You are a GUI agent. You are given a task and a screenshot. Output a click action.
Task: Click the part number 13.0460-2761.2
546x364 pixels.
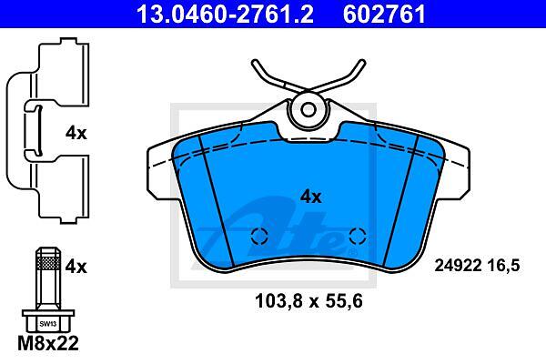click(x=226, y=14)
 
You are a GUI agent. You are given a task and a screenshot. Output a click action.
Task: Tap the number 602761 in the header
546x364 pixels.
click(x=384, y=14)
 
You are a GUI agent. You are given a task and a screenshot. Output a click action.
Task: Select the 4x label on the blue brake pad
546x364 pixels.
click(x=311, y=197)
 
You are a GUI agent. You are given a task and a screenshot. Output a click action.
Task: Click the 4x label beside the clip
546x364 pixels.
click(x=76, y=133)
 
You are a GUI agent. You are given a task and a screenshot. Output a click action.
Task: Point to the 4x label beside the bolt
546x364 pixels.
click(x=76, y=267)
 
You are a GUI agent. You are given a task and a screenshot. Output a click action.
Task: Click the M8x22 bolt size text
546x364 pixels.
click(x=48, y=343)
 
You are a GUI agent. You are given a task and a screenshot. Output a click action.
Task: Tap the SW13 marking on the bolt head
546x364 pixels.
click(x=47, y=324)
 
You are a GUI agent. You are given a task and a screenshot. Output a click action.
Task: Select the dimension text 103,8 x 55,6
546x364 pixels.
click(x=308, y=301)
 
